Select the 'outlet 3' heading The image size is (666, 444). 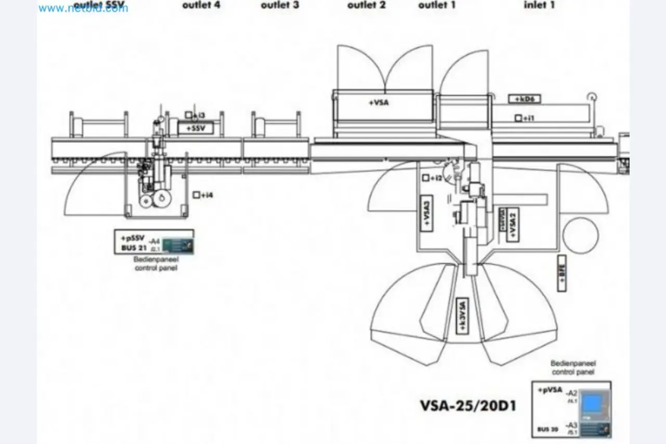(x=280, y=5)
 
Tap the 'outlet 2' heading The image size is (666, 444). (x=366, y=5)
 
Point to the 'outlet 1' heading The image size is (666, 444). (x=437, y=5)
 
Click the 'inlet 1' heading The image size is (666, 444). (x=539, y=5)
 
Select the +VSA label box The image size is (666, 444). (x=379, y=103)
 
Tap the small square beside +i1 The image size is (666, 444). (x=518, y=119)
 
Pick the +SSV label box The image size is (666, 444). (x=196, y=127)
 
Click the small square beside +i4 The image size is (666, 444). (x=196, y=195)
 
